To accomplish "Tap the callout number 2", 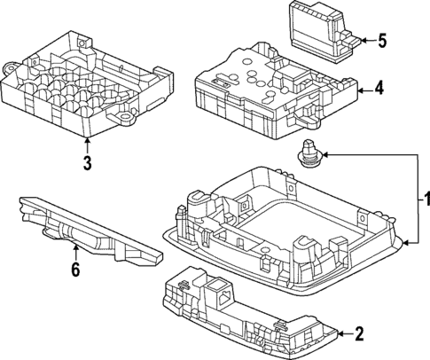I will [359, 334].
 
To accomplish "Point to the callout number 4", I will [379, 88].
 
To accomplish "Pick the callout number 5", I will [382, 41].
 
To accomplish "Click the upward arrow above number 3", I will [86, 141].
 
